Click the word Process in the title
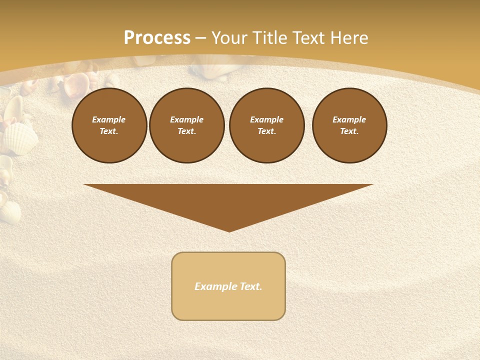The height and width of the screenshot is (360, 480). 157,37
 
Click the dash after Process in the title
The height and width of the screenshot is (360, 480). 200,38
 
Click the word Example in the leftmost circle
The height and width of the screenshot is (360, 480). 109,119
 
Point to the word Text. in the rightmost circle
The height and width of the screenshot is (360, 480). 349,131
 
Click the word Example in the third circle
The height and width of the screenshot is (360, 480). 266,119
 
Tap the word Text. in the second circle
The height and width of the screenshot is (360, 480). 187,131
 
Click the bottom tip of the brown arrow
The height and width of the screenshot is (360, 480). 229,230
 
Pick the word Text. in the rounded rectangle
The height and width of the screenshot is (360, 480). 251,286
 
